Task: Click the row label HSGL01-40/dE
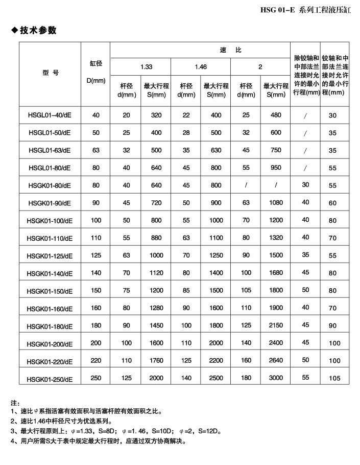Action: [50, 115]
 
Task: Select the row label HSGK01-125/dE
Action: [50, 255]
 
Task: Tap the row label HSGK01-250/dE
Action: [50, 379]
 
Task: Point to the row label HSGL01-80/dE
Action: [50, 168]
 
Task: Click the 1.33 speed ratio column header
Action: [146, 67]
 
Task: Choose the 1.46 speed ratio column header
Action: [201, 67]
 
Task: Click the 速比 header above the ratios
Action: [230, 50]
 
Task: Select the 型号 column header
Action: [50, 73]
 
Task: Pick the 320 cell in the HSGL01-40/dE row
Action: [156, 115]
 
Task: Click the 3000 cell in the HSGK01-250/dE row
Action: [276, 378]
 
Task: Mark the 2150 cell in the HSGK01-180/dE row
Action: [276, 325]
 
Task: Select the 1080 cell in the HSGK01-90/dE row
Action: [276, 203]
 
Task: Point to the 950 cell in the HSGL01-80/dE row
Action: [276, 168]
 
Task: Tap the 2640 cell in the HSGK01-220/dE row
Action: [276, 361]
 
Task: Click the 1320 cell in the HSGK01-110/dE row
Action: [276, 238]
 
